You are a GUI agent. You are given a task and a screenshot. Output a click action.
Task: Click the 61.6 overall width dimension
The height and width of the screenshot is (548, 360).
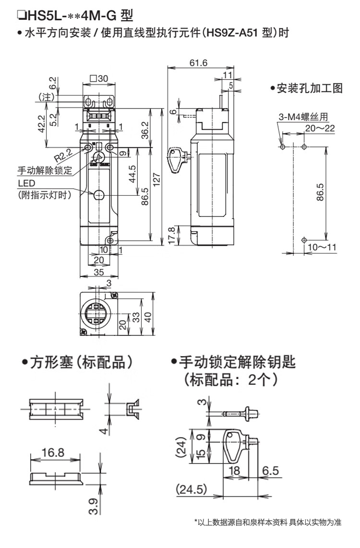(198, 63)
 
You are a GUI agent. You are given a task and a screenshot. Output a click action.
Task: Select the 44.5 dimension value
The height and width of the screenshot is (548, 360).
(132, 174)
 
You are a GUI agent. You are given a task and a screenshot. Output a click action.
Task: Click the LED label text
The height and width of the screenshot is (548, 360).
(26, 183)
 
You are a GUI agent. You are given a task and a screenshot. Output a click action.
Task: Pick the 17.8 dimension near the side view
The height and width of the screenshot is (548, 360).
(172, 236)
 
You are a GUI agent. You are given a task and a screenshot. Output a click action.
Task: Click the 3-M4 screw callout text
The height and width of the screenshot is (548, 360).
(303, 117)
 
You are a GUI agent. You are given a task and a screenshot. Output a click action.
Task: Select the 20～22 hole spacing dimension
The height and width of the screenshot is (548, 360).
(320, 128)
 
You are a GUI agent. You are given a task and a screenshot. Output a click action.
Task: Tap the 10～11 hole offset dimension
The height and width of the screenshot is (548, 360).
(322, 247)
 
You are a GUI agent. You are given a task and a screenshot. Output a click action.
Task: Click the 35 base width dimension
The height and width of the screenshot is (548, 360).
(99, 272)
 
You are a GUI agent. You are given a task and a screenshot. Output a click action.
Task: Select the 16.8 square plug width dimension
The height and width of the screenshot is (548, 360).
(53, 453)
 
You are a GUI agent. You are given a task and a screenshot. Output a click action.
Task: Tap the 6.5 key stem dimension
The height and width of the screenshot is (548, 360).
(271, 470)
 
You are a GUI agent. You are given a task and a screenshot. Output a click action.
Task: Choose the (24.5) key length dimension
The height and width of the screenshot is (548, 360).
(192, 489)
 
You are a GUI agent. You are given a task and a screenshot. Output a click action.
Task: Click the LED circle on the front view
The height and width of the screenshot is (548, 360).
(99, 194)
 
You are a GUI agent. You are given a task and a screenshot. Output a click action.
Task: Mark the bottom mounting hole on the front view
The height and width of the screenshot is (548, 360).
(110, 240)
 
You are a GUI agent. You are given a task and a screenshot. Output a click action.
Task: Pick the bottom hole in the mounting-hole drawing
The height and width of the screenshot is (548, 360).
(304, 240)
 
